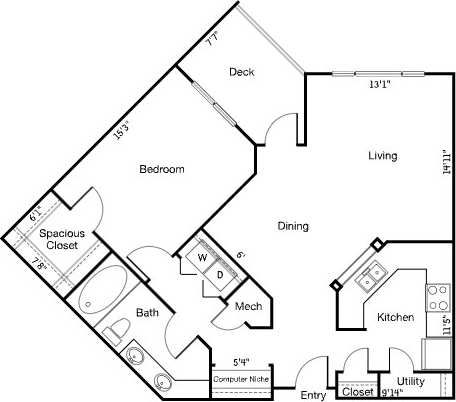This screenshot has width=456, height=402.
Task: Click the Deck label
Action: pyautogui.click(x=240, y=72)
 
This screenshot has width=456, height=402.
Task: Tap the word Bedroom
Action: pyautogui.click(x=162, y=170)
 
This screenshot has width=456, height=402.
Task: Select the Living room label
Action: pyautogui.click(x=383, y=156)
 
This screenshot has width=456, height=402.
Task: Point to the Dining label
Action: pyautogui.click(x=293, y=226)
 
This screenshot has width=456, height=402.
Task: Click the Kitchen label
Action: pyautogui.click(x=395, y=317)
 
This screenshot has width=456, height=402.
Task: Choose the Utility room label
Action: pyautogui.click(x=411, y=381)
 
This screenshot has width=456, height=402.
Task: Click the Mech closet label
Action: pyautogui.click(x=248, y=306)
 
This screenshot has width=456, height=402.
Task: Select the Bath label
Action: pyautogui.click(x=148, y=313)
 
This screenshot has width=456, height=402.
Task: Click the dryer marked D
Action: pyautogui.click(x=220, y=275)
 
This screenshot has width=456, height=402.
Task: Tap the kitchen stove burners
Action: pyautogui.click(x=437, y=296)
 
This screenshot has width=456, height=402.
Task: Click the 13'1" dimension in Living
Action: pyautogui.click(x=379, y=85)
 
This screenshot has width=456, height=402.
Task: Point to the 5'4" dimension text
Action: pyautogui.click(x=240, y=362)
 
